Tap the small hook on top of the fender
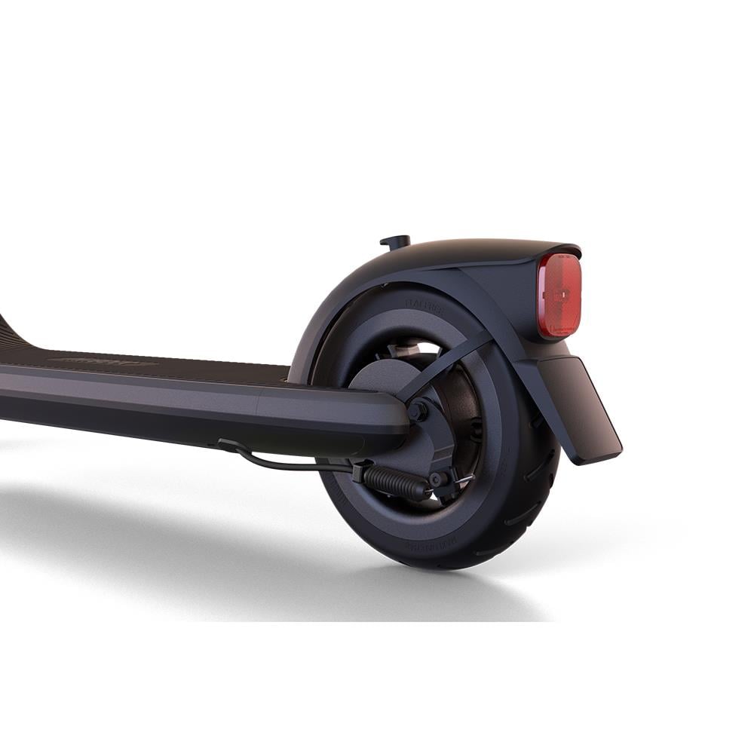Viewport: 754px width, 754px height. pos(396,242)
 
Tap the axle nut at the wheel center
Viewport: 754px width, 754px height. pos(417,411)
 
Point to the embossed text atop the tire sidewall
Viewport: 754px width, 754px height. pos(425,305)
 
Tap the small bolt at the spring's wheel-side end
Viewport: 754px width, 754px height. pos(436,480)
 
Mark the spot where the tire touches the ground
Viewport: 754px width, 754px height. pos(445,567)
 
